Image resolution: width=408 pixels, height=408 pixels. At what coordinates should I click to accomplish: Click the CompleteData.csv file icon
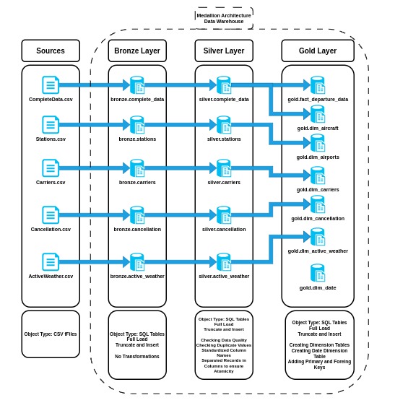point(51,85)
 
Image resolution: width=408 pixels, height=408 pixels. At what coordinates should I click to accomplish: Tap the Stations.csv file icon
point(51,125)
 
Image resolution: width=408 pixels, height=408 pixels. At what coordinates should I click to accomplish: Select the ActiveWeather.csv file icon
point(51,262)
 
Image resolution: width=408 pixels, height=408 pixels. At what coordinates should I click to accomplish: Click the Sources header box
point(51,51)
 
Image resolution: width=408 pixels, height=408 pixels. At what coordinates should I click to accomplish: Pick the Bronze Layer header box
point(137,51)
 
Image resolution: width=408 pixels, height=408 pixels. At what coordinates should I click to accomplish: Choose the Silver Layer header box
point(224,51)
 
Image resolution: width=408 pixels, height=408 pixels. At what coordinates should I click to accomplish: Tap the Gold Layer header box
point(318,51)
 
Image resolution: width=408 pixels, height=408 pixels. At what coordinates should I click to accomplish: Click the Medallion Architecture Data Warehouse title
point(224,18)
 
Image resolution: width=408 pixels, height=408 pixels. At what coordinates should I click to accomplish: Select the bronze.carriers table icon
point(137,168)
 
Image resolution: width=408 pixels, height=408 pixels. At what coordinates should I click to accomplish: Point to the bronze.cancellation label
point(137,229)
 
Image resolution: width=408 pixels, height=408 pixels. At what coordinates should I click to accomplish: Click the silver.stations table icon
point(224,125)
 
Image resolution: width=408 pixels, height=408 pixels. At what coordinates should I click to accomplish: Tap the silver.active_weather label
point(224,276)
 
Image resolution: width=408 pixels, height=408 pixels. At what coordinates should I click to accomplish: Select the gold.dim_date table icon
point(318,273)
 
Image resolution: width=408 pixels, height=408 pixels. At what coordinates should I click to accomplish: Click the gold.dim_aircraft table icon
point(318,114)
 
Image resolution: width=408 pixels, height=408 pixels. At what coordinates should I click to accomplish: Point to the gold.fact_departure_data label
point(318,99)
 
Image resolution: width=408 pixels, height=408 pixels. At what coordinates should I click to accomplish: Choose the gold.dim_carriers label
point(318,189)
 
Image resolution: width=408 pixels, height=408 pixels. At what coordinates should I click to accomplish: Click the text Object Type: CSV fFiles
point(51,334)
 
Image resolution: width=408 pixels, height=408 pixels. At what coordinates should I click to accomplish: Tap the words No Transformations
point(137,356)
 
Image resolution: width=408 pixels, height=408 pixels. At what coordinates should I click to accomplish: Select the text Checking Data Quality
point(224,339)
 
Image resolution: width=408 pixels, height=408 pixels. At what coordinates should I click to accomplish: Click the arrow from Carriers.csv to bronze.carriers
point(90,168)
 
